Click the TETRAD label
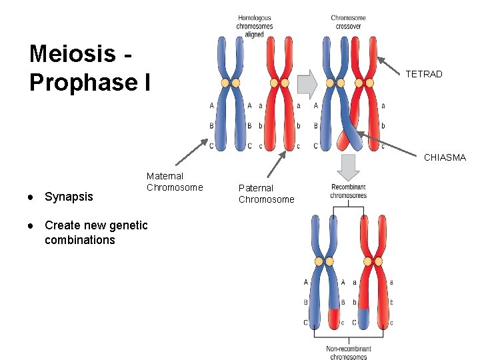coord(424,74)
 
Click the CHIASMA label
coord(445,158)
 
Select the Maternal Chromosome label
coord(175,181)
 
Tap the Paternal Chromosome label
coord(266,193)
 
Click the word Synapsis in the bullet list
coord(69,197)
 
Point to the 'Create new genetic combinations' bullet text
coord(96,232)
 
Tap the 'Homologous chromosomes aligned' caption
coord(254,26)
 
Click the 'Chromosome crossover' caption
coord(348,22)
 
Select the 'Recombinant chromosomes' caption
coord(348,191)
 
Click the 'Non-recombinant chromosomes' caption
coord(348,352)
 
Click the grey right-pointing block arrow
coord(307,83)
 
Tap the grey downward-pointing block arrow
coord(349,165)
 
